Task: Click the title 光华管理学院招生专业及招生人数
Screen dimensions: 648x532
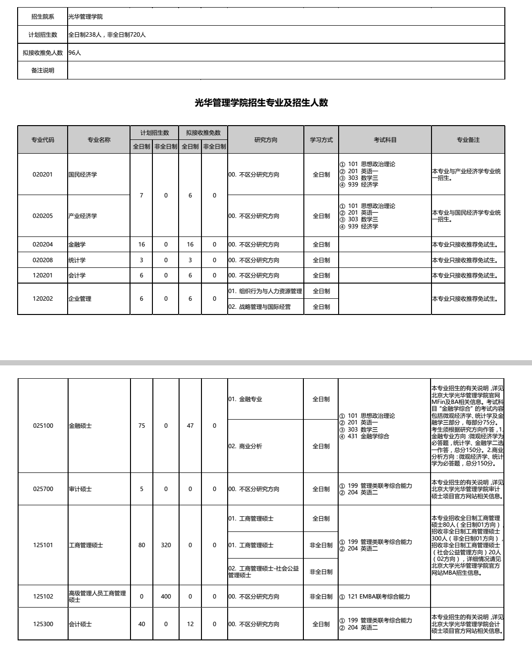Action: (261, 103)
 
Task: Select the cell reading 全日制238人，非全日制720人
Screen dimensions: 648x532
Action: (107, 35)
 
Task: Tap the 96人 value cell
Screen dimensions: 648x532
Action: (75, 53)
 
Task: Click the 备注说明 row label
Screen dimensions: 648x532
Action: (43, 70)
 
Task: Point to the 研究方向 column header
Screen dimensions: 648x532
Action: (266, 140)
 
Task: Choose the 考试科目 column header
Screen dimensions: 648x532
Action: (385, 140)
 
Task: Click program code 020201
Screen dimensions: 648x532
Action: (43, 175)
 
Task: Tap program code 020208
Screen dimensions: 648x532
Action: (43, 260)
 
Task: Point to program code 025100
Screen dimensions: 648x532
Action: (43, 426)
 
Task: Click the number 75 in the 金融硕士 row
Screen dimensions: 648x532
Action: (141, 426)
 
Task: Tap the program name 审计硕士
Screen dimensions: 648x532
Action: (80, 489)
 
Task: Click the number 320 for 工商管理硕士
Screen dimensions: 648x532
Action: (166, 545)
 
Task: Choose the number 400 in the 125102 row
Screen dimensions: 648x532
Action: (166, 597)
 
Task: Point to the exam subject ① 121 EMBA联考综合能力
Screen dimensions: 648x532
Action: (375, 597)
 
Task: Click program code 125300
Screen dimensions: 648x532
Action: (43, 624)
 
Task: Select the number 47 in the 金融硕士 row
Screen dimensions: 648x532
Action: (190, 426)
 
